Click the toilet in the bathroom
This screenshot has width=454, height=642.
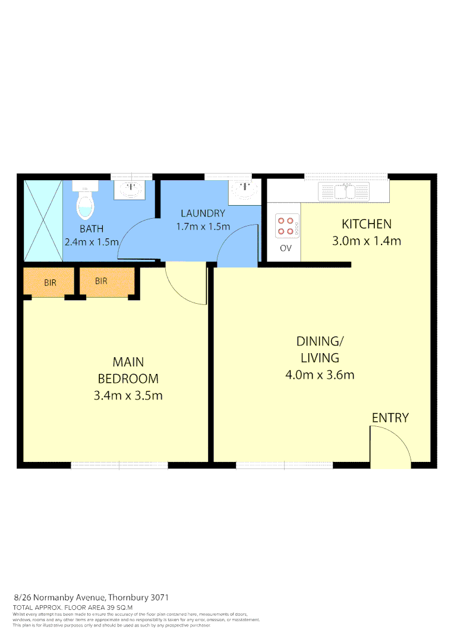86,202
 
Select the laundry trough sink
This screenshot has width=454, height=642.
245,191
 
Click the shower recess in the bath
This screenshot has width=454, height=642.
43,221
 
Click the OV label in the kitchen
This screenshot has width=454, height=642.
286,248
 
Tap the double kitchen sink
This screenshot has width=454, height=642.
343,192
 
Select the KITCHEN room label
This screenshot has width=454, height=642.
366,224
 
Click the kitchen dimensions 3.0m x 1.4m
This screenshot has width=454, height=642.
366,241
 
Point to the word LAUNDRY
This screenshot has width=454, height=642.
203,213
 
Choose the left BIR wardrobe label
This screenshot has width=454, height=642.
50,282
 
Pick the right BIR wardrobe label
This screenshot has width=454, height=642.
101,281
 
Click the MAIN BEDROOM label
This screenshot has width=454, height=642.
128,370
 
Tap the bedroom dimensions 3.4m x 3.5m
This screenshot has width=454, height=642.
128,395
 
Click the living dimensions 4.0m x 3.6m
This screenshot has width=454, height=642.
320,375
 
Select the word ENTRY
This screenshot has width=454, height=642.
390,418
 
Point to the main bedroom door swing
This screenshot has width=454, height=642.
185,285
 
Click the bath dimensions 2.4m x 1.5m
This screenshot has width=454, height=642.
92,242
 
